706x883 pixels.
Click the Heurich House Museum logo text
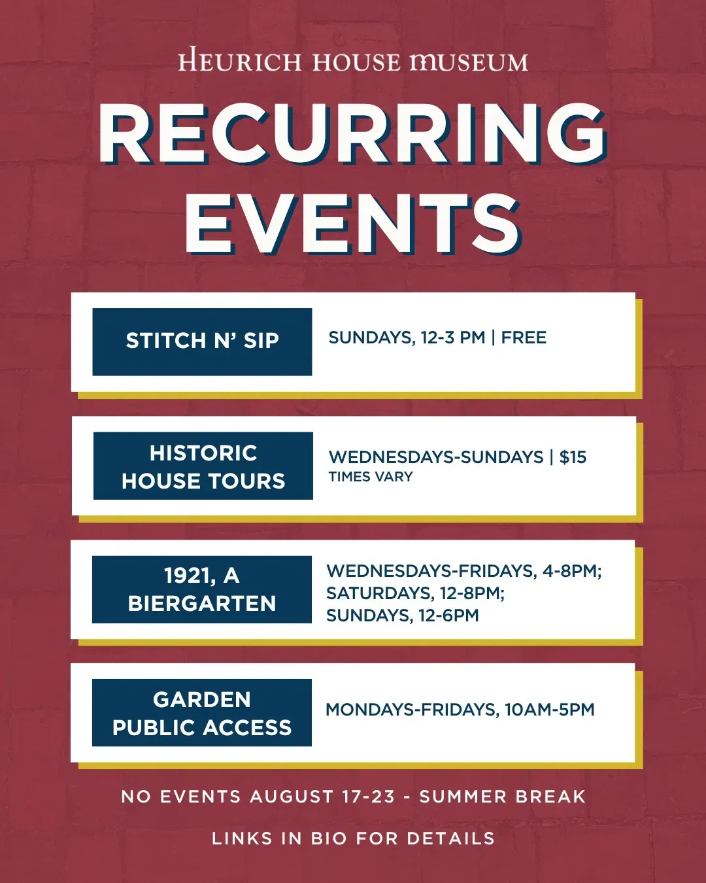pos(353,61)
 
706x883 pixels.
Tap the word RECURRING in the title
pos(353,134)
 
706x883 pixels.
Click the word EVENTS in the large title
pos(354,224)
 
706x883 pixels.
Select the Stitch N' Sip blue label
pos(202,341)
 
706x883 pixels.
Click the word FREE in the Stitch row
pos(524,338)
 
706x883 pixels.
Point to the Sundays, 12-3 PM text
pos(407,338)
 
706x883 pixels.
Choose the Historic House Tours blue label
pos(203,466)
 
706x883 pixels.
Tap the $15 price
pos(573,457)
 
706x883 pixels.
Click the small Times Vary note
pos(371,477)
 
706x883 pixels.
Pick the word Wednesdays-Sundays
pos(435,457)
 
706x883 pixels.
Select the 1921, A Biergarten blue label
pos(202,589)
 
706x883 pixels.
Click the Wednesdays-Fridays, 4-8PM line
pos(464,571)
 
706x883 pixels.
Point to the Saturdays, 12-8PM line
pos(415,593)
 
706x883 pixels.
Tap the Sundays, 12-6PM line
pos(403,615)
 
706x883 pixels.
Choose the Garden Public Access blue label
pos(202,713)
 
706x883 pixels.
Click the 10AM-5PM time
pos(550,710)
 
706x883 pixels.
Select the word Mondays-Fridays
pos(412,710)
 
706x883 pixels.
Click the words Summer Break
pos(503,797)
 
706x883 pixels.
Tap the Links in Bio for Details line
pos(353,839)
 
